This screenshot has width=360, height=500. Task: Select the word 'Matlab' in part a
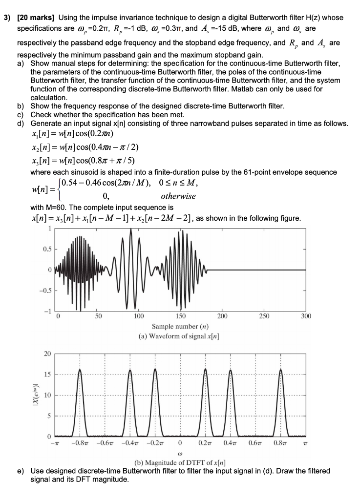coord(283,89)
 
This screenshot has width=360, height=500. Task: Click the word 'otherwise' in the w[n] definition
coord(178,196)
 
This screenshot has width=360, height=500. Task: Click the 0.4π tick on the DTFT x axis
coord(231,443)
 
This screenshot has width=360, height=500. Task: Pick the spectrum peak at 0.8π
coord(281,371)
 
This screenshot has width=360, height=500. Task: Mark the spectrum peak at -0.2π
coord(155,371)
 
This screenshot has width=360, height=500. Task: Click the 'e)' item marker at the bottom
coord(21,471)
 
